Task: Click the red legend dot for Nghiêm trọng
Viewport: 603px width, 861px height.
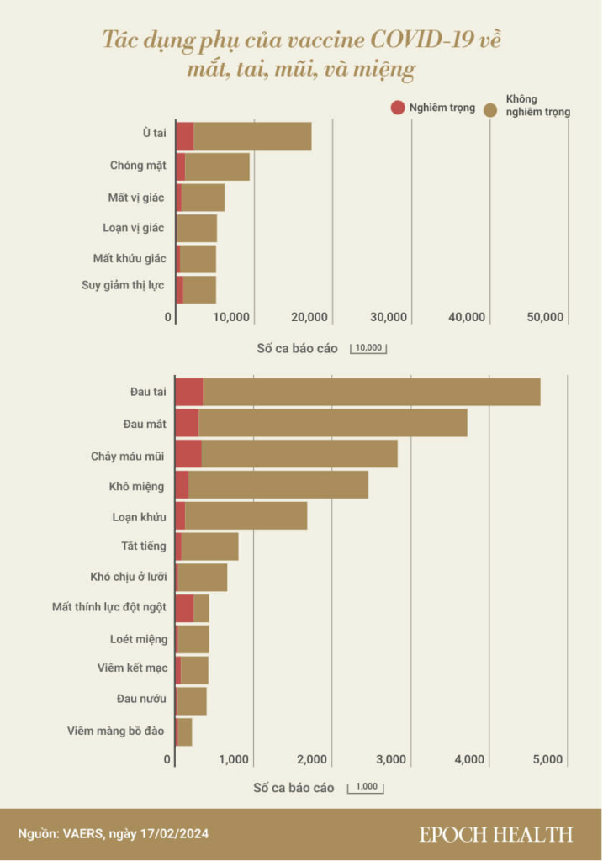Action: click(x=397, y=108)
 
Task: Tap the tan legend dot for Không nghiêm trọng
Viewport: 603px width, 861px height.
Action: click(x=495, y=108)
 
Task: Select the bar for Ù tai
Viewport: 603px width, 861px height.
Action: click(x=252, y=136)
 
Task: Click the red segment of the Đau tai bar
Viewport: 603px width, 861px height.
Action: click(x=189, y=393)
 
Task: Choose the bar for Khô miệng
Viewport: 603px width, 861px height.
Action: click(x=278, y=485)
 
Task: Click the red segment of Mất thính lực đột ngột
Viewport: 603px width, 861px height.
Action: click(x=184, y=608)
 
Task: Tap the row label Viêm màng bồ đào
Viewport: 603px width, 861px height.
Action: click(x=116, y=732)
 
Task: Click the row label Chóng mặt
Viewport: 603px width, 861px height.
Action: click(x=137, y=166)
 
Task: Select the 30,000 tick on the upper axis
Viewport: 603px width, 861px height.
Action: click(x=389, y=317)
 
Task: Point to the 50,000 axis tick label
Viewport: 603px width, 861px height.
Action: click(x=545, y=317)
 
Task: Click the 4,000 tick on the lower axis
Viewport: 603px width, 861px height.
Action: click(x=469, y=759)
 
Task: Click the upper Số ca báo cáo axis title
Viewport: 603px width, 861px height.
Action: click(x=295, y=347)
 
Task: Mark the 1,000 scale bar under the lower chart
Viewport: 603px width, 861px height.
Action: click(x=367, y=789)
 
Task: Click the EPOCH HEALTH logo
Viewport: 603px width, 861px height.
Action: click(x=496, y=834)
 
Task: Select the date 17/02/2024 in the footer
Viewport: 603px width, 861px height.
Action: click(x=175, y=834)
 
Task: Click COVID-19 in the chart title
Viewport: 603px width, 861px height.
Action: click(x=424, y=40)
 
